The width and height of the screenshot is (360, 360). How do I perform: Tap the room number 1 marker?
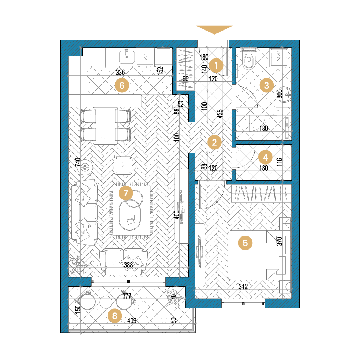(x=216, y=66)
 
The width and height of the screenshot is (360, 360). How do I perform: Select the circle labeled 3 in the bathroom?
(x=267, y=85)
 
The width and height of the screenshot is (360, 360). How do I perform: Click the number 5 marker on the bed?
(x=245, y=243)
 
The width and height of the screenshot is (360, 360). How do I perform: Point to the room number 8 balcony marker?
(x=115, y=316)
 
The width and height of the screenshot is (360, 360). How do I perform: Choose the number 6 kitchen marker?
(x=122, y=85)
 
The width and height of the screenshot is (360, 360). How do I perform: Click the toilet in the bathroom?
(x=248, y=60)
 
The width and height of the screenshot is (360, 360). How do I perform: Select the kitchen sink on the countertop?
(x=127, y=57)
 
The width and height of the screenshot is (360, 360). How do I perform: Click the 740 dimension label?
(x=78, y=162)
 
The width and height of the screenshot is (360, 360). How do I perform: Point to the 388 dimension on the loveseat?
(x=128, y=265)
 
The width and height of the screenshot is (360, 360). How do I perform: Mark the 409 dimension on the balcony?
(x=132, y=320)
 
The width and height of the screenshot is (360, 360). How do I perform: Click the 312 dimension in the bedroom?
(x=243, y=287)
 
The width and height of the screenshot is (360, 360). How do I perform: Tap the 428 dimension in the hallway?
(x=220, y=114)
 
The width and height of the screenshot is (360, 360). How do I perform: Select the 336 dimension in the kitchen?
(x=120, y=73)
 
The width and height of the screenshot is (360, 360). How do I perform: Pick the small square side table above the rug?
(x=123, y=166)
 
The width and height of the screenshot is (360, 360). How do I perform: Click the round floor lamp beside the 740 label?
(x=85, y=167)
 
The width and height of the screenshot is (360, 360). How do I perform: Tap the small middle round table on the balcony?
(x=106, y=302)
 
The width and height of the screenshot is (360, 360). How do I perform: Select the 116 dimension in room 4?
(x=279, y=162)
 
